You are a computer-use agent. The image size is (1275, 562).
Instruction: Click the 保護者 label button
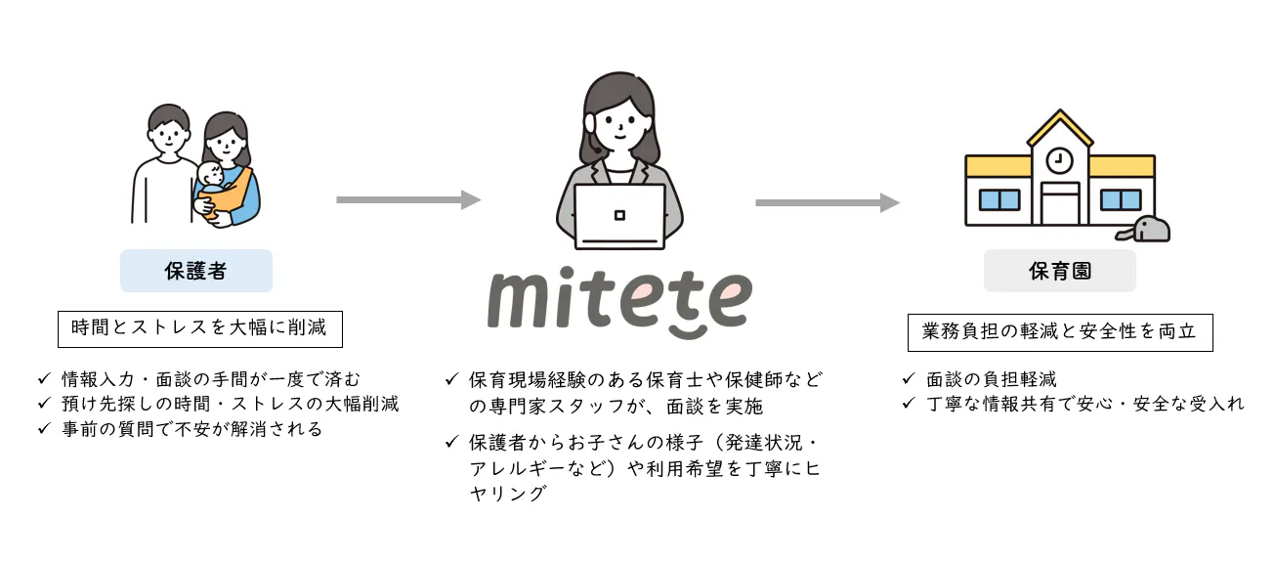click(x=195, y=271)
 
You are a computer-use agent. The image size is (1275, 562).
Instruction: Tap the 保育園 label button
click(x=1060, y=271)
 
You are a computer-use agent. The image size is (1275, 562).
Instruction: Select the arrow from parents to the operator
click(x=408, y=199)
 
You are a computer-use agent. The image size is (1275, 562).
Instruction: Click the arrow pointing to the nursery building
click(x=828, y=202)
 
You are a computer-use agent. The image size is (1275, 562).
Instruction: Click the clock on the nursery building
click(x=1059, y=160)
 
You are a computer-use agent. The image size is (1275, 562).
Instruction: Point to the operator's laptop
click(x=619, y=216)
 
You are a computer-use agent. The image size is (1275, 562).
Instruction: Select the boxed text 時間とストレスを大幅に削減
click(x=199, y=328)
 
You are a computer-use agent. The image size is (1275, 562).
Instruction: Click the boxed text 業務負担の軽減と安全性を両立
click(x=1060, y=332)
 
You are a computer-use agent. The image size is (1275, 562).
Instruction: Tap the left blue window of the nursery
click(x=999, y=199)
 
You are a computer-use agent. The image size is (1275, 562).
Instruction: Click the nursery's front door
click(x=1060, y=203)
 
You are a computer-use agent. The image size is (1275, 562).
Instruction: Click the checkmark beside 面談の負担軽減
click(x=908, y=378)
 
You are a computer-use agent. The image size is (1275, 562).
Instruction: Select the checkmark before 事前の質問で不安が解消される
click(x=44, y=428)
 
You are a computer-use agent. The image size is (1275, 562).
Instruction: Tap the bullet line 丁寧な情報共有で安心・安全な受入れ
click(x=1085, y=404)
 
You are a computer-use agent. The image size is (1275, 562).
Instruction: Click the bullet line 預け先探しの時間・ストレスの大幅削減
click(x=230, y=404)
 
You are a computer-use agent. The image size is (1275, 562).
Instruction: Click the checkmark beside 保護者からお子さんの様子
click(x=451, y=441)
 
